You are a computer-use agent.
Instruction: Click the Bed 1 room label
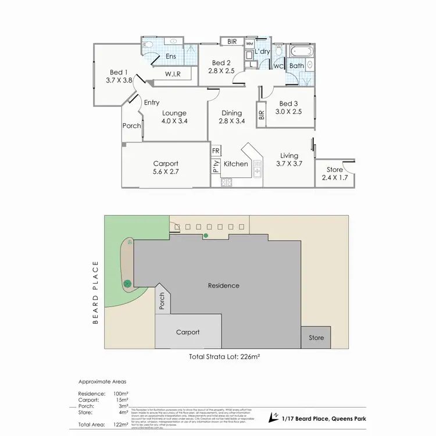tap(120, 76)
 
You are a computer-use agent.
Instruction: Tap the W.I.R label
tap(173, 74)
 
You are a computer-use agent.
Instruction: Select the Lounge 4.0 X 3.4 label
tap(174, 117)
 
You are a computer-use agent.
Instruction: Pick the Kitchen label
tap(236, 164)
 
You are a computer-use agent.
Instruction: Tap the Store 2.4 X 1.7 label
tap(334, 173)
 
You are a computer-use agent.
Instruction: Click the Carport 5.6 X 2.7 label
tap(166, 167)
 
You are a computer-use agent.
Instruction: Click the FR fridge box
tap(216, 151)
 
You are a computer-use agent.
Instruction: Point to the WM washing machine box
tap(249, 44)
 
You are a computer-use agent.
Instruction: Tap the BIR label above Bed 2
tap(232, 41)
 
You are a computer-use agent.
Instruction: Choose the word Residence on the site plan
tap(224, 285)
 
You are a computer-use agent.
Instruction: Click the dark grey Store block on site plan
tap(316, 337)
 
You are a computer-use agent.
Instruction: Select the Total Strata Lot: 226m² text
tap(224, 358)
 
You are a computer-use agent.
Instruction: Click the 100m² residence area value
tap(121, 394)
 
